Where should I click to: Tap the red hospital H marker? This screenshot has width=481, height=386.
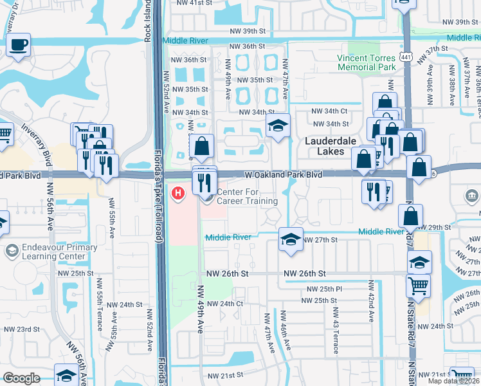177,192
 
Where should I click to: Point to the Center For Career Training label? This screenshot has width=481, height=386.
248,197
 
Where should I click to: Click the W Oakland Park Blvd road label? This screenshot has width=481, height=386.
283,174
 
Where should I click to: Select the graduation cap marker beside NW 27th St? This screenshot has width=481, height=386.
290,239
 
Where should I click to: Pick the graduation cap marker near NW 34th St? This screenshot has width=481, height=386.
278,125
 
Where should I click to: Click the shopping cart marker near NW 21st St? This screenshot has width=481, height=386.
462,376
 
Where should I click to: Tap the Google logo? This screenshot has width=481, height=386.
21,378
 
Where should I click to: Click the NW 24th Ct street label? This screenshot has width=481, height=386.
225,304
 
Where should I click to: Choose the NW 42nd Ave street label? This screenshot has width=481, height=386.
371,301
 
